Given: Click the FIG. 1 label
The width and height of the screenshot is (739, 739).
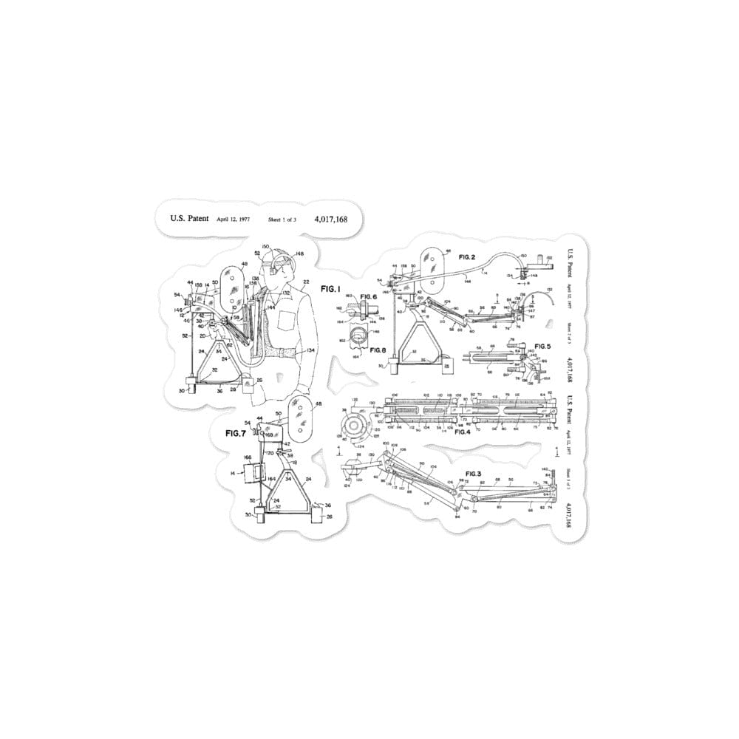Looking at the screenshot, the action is (333, 287).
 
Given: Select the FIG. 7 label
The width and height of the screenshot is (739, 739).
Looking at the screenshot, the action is (236, 433).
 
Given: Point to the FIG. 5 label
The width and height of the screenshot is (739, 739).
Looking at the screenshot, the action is (543, 346).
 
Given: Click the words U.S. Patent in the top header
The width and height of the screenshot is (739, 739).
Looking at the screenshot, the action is (189, 219).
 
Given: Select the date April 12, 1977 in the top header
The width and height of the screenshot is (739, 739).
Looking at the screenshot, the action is (234, 219).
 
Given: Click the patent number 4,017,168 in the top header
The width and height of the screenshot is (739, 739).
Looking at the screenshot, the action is (330, 219).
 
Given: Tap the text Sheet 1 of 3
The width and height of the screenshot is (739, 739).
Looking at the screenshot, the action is (282, 219).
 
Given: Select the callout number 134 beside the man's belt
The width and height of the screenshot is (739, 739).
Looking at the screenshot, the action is (311, 350).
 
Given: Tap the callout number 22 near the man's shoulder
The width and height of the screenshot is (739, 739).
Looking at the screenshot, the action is (305, 282).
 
